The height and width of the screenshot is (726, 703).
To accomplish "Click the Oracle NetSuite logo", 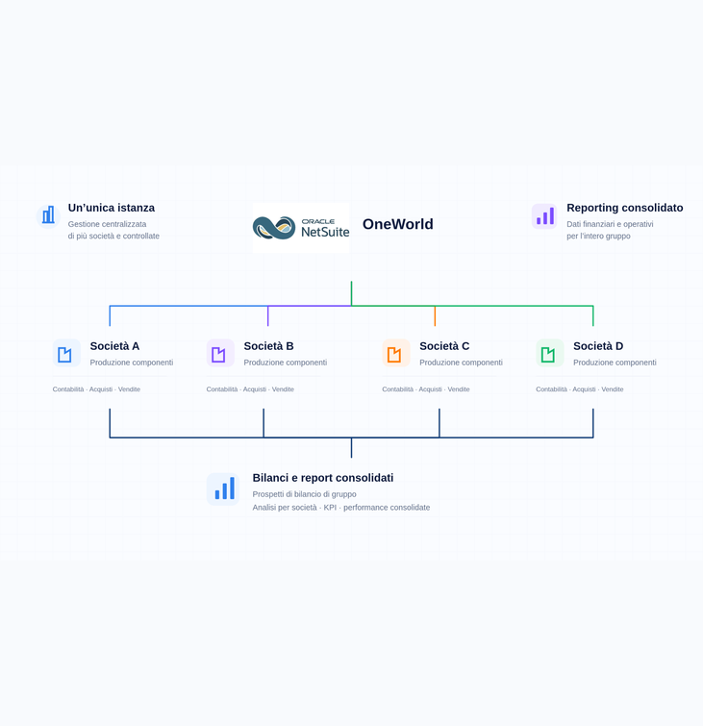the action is coord(301,227).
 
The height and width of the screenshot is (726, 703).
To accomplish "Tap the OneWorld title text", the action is coord(398,224).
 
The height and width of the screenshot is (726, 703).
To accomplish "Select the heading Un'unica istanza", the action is coord(112,208).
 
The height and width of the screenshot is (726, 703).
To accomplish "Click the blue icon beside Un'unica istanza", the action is coord(48,215).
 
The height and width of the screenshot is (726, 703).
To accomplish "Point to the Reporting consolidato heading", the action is coord(625,208).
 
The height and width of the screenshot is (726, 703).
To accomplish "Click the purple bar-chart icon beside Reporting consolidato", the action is coord(544,216).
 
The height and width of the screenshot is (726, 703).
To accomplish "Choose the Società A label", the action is coord(114,346).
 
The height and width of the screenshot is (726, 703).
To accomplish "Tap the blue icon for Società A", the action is coord(66,353).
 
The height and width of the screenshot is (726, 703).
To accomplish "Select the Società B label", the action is coord(268,346).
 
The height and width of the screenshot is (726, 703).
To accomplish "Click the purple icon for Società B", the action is coord(220,353).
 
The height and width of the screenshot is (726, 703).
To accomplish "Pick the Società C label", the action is coord(444,346).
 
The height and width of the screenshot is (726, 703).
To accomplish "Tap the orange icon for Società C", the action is coord(396,353).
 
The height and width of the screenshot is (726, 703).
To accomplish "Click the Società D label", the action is coord(598,346).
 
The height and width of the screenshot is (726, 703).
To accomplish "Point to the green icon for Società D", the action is coord(550,353).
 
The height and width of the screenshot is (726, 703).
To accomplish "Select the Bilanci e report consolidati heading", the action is coord(323,478).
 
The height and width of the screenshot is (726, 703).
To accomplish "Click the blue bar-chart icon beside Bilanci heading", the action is coord(223,489).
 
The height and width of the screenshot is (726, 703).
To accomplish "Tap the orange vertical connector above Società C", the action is coord(435,315).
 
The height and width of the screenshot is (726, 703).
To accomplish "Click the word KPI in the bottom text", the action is coord(330,508).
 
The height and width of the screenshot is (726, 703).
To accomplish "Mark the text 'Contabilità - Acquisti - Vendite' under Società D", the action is coord(579,389).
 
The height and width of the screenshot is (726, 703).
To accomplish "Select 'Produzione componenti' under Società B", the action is coord(286,363).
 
